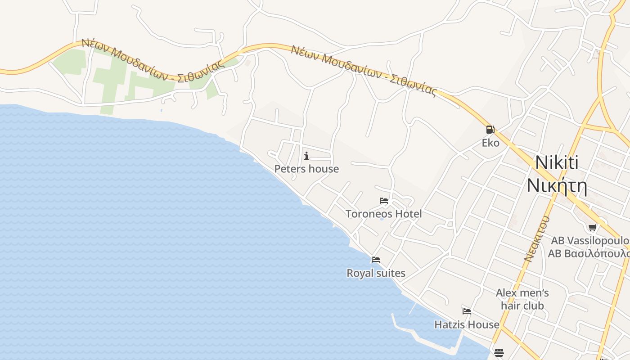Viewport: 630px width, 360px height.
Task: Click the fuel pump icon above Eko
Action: (x=490, y=130)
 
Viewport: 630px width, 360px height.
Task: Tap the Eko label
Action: (x=490, y=143)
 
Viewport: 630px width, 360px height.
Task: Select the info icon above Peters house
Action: (x=306, y=156)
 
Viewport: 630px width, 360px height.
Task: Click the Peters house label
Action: (x=306, y=169)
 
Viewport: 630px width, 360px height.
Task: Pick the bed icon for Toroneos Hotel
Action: (x=384, y=200)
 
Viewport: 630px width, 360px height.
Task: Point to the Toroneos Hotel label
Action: (x=383, y=214)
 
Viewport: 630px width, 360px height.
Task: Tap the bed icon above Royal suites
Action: (x=376, y=259)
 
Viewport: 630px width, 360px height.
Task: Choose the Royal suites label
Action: (x=376, y=273)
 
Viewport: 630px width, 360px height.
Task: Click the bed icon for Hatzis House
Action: (x=467, y=311)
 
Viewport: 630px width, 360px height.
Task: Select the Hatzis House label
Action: (x=467, y=324)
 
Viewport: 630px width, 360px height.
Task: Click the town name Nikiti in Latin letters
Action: (x=557, y=163)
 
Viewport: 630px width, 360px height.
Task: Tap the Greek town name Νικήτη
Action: (x=557, y=185)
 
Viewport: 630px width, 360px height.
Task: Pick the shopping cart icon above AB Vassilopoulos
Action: (x=592, y=227)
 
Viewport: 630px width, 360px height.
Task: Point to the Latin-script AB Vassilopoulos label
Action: (x=590, y=241)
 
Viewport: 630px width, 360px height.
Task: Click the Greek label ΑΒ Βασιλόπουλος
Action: (x=589, y=253)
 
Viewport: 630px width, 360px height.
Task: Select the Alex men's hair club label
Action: (x=522, y=299)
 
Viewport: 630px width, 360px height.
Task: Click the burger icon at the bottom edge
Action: (x=499, y=352)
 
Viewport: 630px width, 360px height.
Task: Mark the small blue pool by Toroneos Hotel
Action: (x=382, y=219)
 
